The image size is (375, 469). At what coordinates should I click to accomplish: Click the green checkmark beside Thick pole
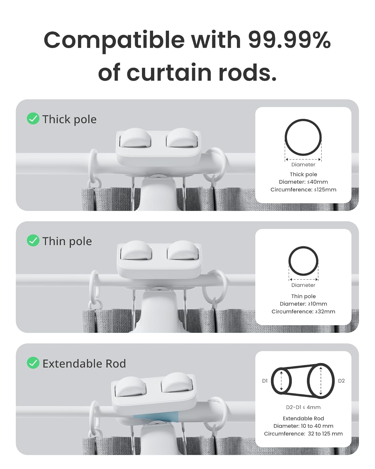(x=33, y=119)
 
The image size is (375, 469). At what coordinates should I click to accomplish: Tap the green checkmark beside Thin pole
(x=33, y=241)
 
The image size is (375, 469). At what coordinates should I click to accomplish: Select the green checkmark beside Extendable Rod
(x=33, y=363)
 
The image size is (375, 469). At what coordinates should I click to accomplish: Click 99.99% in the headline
(x=289, y=40)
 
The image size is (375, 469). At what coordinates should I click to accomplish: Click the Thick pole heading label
(x=69, y=119)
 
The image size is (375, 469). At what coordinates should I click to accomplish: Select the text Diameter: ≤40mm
(x=303, y=182)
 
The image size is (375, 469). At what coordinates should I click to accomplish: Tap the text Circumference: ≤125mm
(x=303, y=190)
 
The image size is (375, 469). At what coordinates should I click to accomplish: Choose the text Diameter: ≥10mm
(x=303, y=304)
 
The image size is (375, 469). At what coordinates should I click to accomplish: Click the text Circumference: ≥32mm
(x=303, y=312)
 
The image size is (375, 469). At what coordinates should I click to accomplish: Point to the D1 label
(x=265, y=381)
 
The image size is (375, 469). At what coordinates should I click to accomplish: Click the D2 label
(x=341, y=381)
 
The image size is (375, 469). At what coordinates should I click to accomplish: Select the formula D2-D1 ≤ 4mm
(x=303, y=407)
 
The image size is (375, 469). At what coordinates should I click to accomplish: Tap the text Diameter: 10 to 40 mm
(x=303, y=426)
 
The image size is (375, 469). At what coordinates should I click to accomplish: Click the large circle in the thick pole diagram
(x=303, y=137)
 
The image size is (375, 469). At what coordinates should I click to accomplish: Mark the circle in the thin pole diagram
(x=303, y=261)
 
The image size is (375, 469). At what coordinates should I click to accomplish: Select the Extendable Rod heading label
(x=84, y=364)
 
